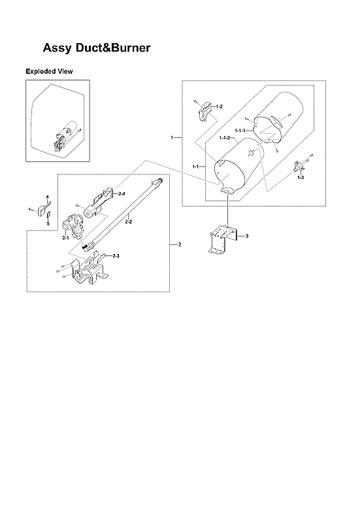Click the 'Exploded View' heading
[48, 71]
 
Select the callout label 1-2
[219, 106]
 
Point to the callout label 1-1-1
[240, 131]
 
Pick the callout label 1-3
[300, 177]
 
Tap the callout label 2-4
[122, 194]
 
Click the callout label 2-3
[116, 255]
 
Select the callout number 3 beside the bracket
[247, 235]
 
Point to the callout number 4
[47, 196]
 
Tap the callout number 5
[47, 223]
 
